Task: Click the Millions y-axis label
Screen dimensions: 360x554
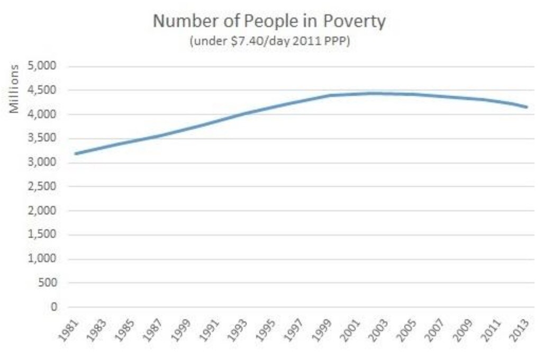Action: (15, 88)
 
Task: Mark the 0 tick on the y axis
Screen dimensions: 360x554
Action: (54, 307)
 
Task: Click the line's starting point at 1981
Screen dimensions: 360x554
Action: (76, 154)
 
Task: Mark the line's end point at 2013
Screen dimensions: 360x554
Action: (527, 107)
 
